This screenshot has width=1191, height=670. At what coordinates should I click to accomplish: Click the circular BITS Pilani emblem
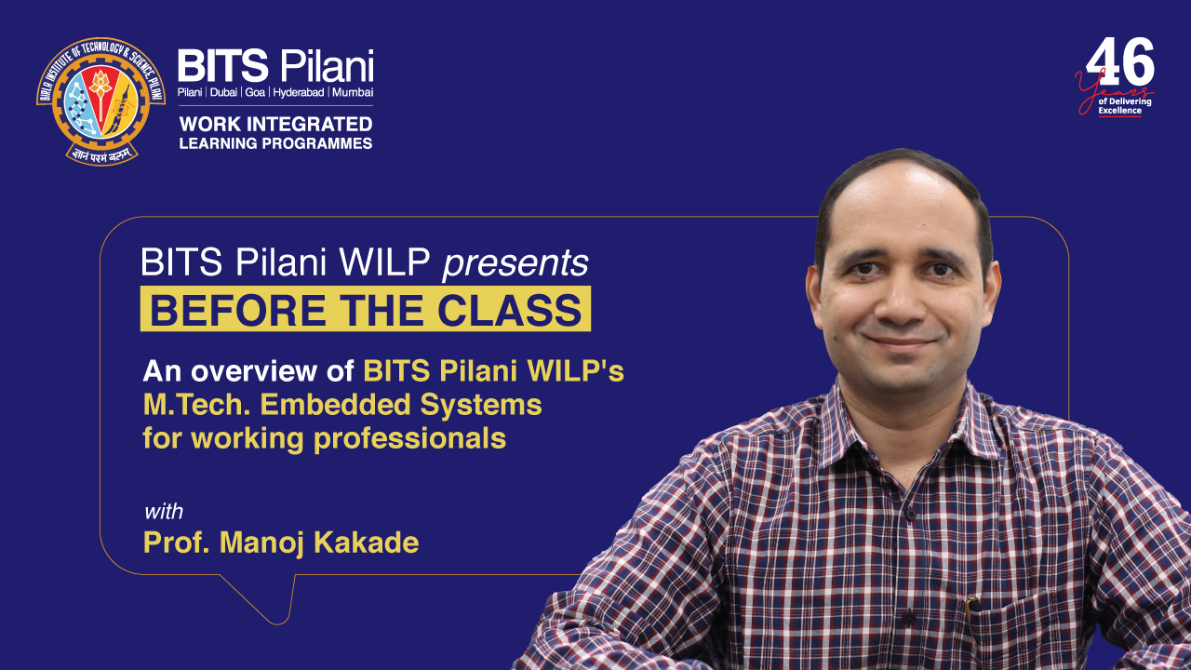[x=100, y=100]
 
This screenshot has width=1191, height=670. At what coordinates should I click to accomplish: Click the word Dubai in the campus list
[x=223, y=93]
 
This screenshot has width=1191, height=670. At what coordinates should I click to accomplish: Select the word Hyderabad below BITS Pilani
[x=298, y=93]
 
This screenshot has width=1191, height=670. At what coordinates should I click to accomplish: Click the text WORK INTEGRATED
[x=275, y=124]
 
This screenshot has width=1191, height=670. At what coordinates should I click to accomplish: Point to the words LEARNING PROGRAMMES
[x=275, y=143]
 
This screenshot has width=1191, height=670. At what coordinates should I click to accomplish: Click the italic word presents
[x=515, y=264]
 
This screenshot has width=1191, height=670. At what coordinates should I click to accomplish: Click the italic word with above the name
[x=163, y=512]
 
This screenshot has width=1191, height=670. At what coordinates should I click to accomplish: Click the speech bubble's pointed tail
[x=270, y=610]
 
